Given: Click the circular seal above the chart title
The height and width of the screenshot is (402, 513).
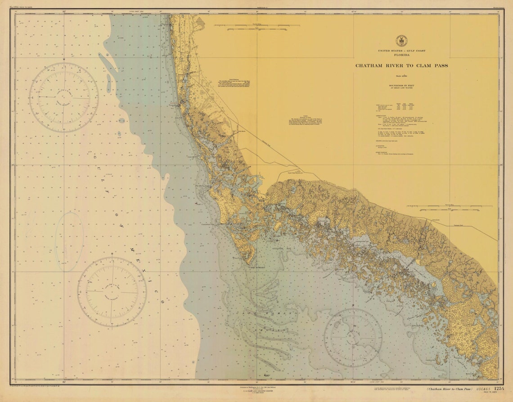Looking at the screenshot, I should pos(401,41).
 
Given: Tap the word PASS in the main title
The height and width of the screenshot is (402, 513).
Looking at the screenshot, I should pos(440,65).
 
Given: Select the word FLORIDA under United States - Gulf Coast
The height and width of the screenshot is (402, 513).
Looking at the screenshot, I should pos(401,55).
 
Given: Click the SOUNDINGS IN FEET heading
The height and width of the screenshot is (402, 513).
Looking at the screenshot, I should pos(401,85).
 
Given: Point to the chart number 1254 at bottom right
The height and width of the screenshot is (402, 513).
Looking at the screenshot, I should pos(498,388).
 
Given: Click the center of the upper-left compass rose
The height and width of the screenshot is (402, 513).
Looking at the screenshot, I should pos(63,97).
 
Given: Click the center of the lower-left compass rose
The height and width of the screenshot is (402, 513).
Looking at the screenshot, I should pos(111,292).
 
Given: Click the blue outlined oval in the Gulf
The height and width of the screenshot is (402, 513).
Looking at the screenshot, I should pos(69,242).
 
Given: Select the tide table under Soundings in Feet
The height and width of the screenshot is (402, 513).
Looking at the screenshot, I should pos(401,107).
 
